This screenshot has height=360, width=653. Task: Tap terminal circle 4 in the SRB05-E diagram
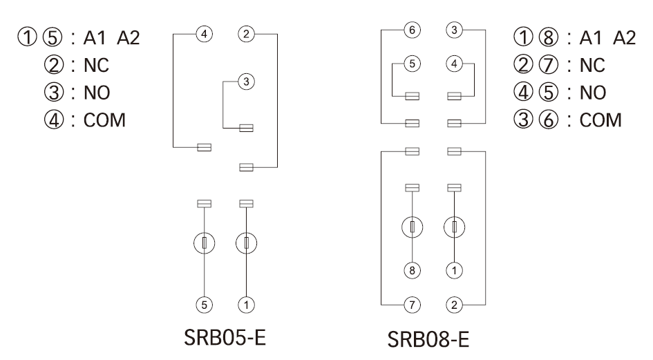[x=204, y=32]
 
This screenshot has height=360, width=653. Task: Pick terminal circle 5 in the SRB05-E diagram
[x=204, y=303]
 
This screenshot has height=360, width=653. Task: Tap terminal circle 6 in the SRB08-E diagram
[x=412, y=30]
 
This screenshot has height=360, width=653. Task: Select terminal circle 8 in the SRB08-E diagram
[x=412, y=271]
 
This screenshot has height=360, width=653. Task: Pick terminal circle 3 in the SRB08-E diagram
[x=455, y=30]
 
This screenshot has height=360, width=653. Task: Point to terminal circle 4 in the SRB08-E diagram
[x=455, y=64]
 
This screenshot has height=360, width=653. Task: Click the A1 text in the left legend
[x=93, y=37]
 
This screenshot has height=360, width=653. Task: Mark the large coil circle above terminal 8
[x=412, y=227]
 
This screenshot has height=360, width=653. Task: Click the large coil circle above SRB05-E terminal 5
[x=204, y=243]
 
